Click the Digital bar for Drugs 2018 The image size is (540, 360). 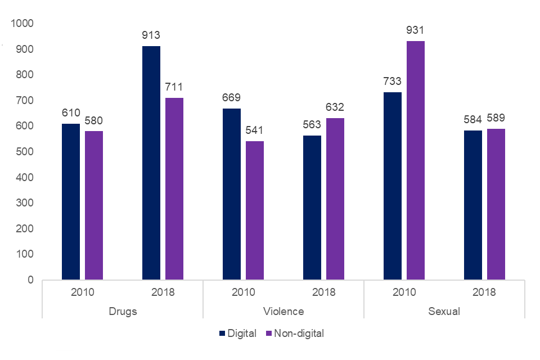click(x=151, y=163)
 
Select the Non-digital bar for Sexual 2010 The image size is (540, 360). click(x=416, y=160)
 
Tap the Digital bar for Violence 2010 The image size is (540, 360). click(x=232, y=194)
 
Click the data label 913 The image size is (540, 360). click(x=151, y=36)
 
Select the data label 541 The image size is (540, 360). click(x=255, y=131)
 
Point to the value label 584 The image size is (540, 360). click(x=473, y=120)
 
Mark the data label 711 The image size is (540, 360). click(x=174, y=87)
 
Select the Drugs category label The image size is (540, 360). click(x=122, y=311)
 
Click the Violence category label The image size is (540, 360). click(x=283, y=311)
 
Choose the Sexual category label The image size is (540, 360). click(x=444, y=311)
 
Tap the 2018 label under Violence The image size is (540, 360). click(x=323, y=292)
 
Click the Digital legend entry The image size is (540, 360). click(x=238, y=334)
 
